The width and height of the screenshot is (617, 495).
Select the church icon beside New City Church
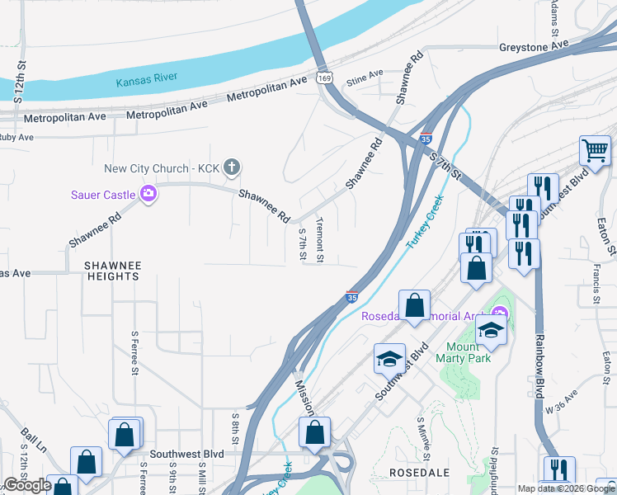point(232,168)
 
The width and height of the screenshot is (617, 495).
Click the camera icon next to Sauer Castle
point(149,194)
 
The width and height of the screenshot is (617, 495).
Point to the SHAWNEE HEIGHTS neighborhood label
point(113,271)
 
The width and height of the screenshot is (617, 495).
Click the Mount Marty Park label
point(469,352)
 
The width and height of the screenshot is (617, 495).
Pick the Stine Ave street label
point(365,78)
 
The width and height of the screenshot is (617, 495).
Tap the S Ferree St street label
point(134,353)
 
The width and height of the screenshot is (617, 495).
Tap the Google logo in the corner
point(27,485)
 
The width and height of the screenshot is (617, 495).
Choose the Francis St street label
point(596,284)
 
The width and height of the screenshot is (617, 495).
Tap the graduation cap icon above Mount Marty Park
point(491,331)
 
